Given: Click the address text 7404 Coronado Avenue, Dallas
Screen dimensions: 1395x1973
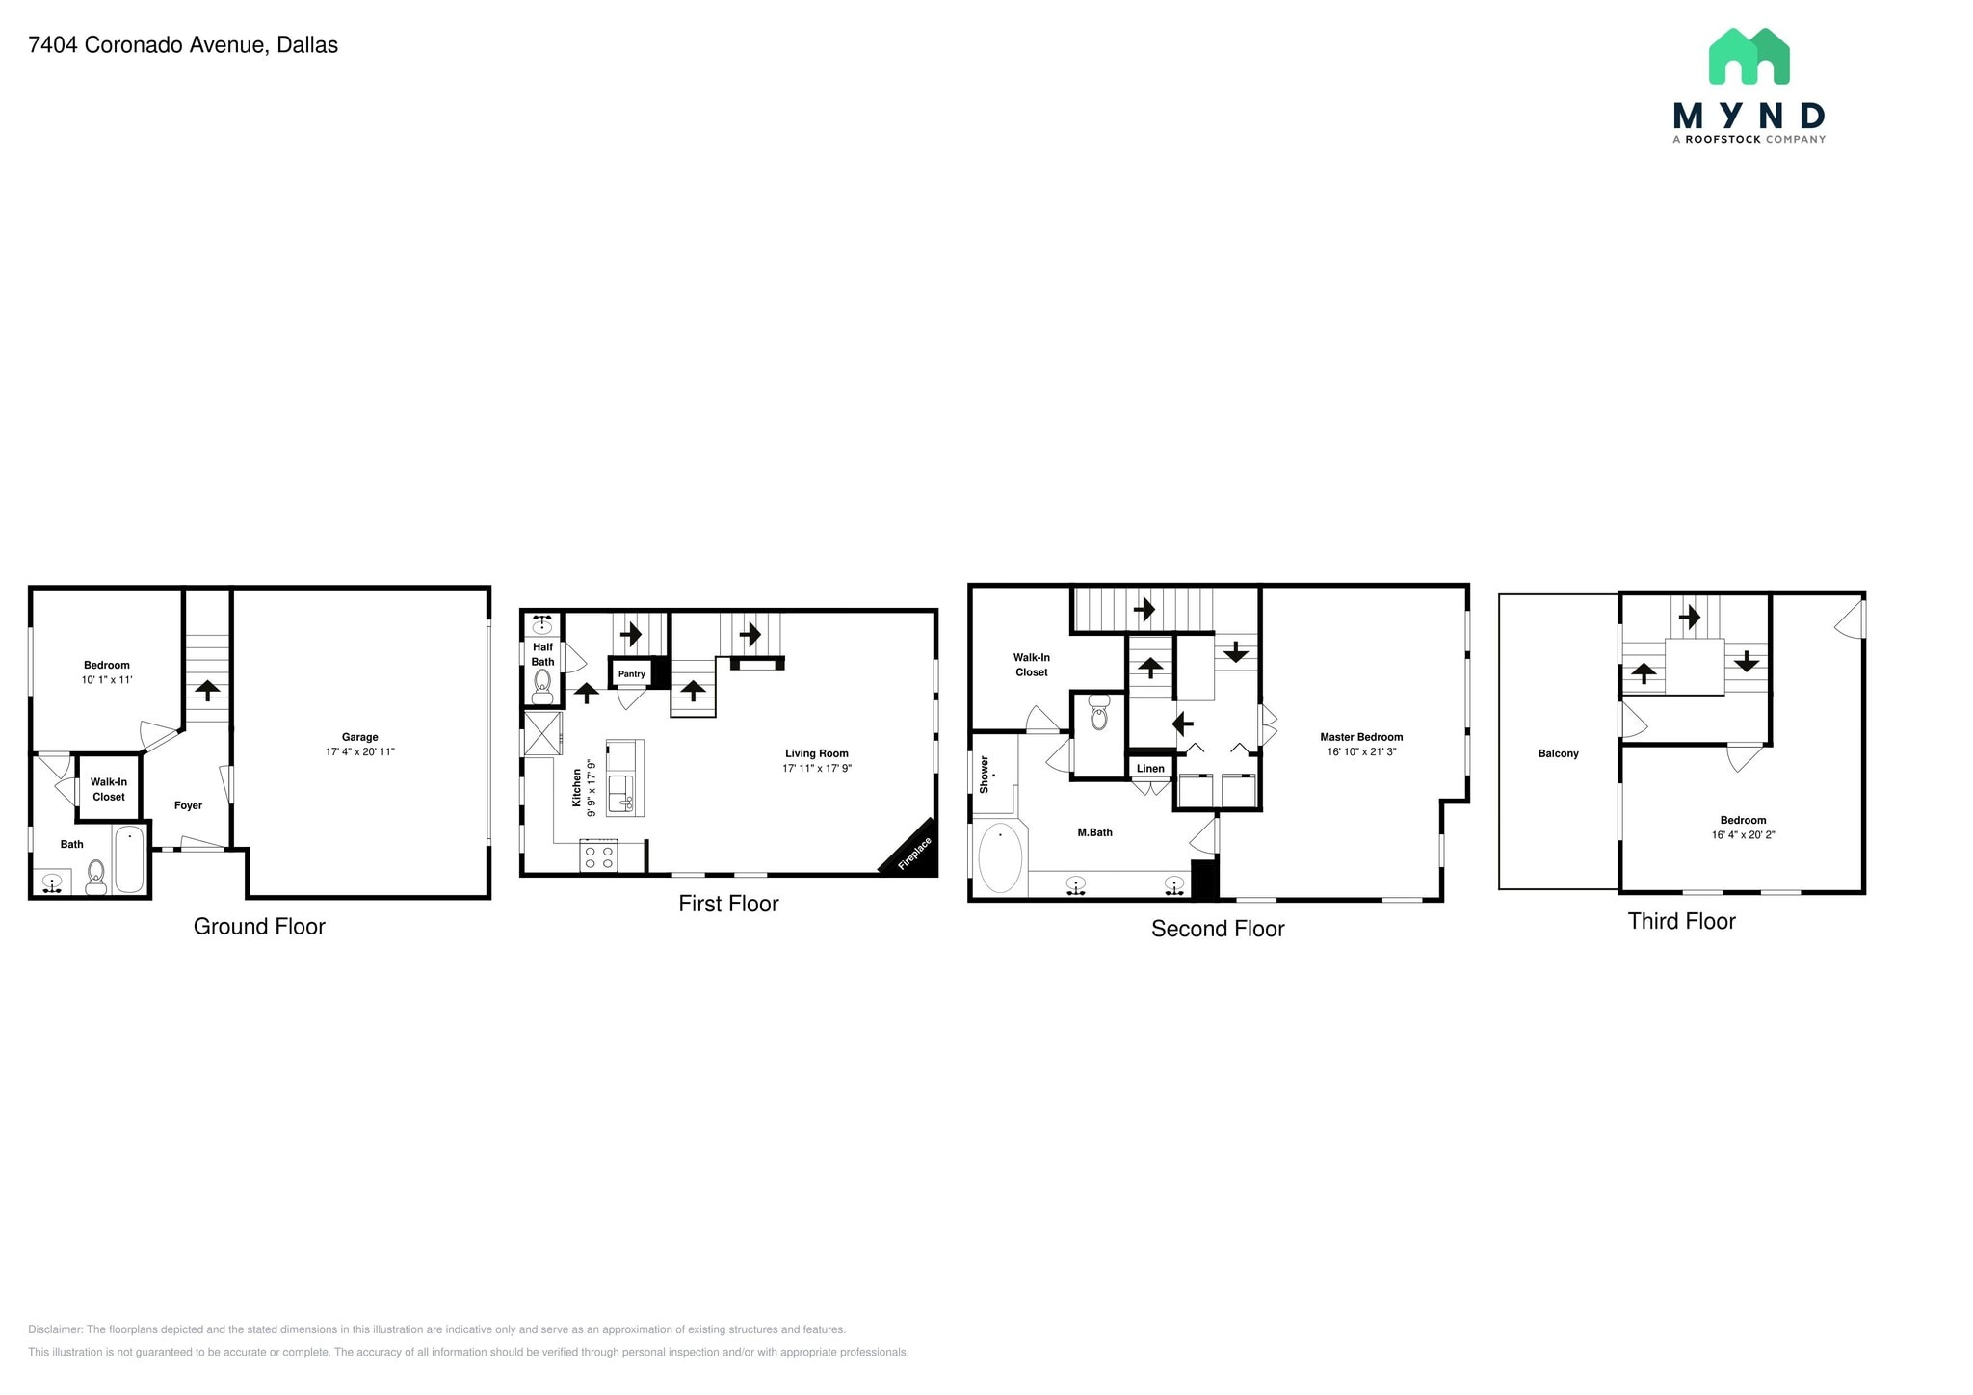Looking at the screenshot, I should (183, 45).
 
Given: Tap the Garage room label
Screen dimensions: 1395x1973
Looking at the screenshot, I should (359, 737).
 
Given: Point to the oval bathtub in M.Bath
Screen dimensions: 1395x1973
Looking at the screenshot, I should (1000, 858).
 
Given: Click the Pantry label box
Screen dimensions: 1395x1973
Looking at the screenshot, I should (632, 673).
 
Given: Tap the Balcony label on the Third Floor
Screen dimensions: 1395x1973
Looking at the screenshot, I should (1558, 753).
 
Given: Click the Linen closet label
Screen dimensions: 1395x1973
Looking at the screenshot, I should (1150, 768).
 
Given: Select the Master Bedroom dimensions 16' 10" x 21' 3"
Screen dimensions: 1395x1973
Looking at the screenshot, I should (1361, 751).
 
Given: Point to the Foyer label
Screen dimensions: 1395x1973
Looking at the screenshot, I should (188, 805).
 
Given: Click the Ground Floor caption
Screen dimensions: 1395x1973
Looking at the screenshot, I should (259, 926).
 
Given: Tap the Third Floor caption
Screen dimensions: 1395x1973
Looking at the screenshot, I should (1681, 921).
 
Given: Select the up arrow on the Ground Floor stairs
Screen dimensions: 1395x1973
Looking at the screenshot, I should (207, 690).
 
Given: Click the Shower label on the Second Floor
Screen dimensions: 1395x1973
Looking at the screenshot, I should (984, 775).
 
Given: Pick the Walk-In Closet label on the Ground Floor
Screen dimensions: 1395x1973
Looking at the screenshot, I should (109, 789).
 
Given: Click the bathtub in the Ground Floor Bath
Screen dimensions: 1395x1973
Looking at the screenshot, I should (129, 859).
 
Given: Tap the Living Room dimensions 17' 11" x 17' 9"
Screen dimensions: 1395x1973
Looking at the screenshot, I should (817, 768).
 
